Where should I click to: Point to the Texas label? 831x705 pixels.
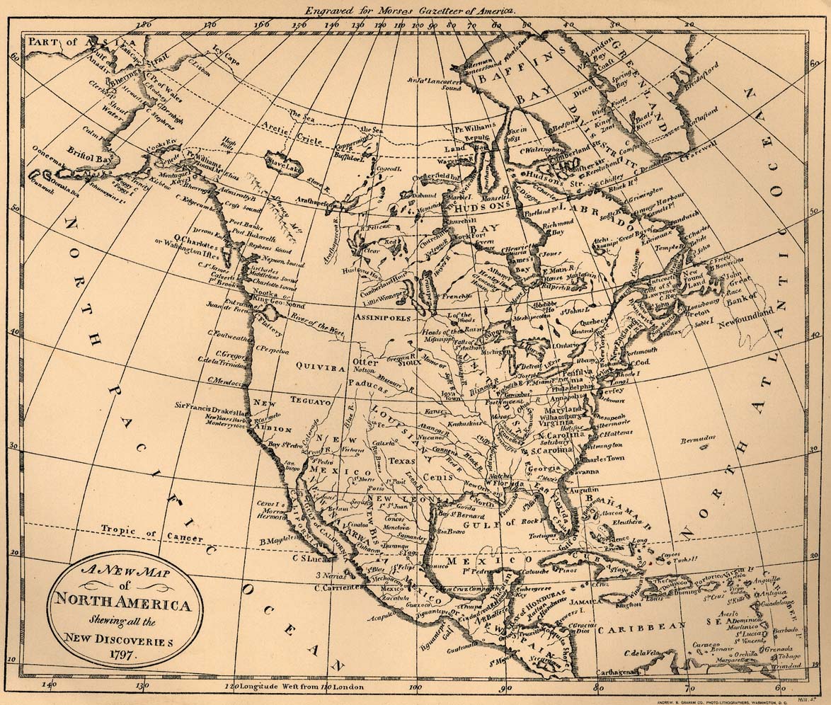pyautogui.click(x=401, y=461)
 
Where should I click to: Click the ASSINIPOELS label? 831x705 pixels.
pyautogui.click(x=383, y=318)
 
